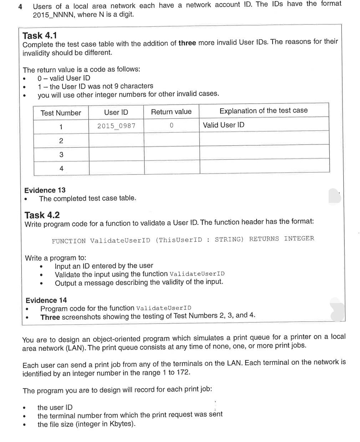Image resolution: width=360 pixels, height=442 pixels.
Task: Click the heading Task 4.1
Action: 40,36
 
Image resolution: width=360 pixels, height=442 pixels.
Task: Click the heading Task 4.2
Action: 42,215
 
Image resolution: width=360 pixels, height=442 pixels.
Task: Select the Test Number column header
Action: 61,113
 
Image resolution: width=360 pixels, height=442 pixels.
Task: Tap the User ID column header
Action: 116,112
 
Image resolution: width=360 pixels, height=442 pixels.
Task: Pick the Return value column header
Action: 171,112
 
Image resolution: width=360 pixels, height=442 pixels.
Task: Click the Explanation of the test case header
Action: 263,110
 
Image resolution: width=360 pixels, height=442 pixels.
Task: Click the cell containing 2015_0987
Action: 116,126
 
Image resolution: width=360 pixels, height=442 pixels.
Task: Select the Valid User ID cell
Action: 224,125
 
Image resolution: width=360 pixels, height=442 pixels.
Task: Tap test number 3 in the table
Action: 61,154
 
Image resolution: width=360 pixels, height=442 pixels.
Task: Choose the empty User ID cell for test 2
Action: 116,140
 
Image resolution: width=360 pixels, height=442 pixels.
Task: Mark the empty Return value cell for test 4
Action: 172,167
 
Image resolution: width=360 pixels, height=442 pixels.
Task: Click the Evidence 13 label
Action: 45,190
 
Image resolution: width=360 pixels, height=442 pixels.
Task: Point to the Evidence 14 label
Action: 46,300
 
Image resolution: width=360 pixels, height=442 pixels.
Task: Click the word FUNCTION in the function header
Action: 69,241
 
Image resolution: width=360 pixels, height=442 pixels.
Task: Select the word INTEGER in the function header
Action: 299,238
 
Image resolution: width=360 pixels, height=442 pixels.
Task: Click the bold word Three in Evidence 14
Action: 50,317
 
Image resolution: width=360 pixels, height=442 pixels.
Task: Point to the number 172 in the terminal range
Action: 183,372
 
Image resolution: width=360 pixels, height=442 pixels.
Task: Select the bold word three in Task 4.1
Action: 187,43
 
